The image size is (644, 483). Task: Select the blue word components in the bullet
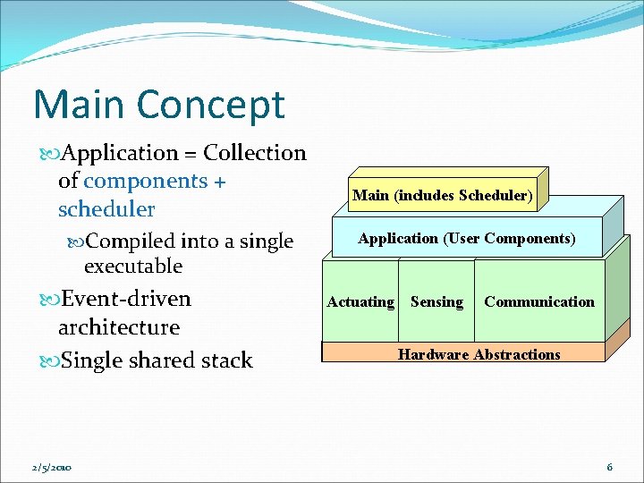click(145, 181)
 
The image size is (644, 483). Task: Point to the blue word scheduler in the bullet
click(106, 209)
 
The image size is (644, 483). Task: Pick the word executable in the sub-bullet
click(132, 267)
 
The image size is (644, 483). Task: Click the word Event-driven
click(124, 298)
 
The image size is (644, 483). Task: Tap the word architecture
click(119, 327)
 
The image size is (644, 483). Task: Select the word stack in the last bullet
click(230, 360)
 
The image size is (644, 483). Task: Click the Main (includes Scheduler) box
click(442, 195)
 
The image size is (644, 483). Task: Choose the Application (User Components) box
click(466, 238)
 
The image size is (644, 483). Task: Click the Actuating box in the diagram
click(360, 301)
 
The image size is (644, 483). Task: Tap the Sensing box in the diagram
click(436, 301)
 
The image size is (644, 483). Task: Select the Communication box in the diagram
click(538, 301)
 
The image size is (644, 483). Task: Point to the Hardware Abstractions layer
click(479, 354)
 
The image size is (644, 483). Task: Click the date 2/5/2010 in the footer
click(50, 468)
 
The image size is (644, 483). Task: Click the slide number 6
click(609, 467)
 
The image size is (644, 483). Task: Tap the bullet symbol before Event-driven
click(49, 299)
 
